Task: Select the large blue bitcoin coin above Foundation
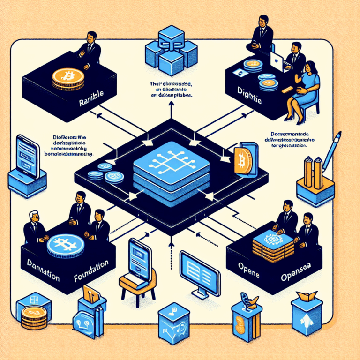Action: click(x=66, y=244)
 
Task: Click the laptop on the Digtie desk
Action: click(x=277, y=62)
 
